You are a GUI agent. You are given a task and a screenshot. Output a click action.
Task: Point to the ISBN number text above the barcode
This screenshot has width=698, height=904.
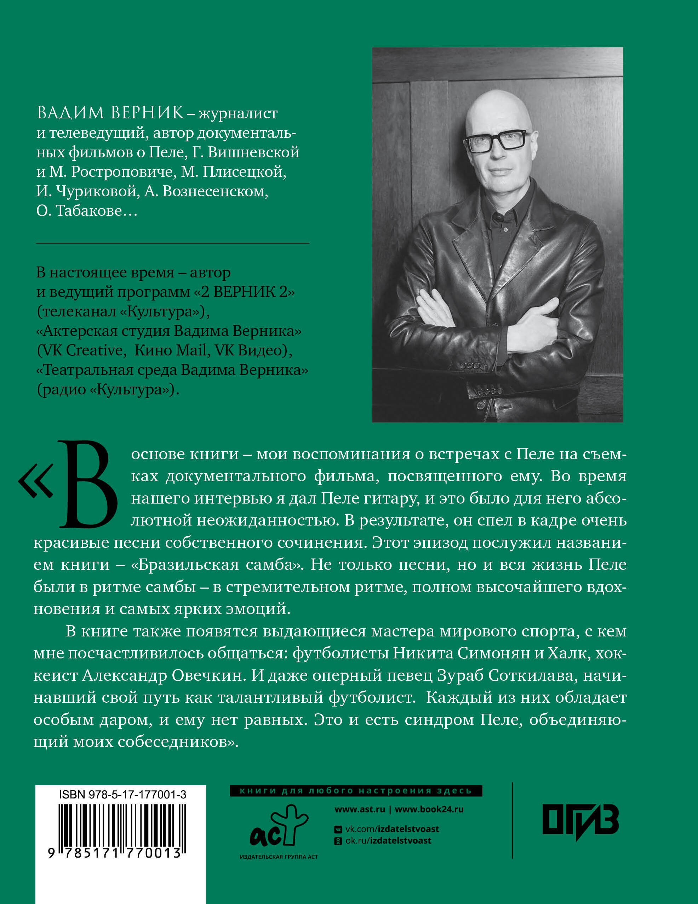coord(122,794)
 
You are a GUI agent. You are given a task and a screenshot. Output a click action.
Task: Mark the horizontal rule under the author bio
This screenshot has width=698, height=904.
coord(172,243)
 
